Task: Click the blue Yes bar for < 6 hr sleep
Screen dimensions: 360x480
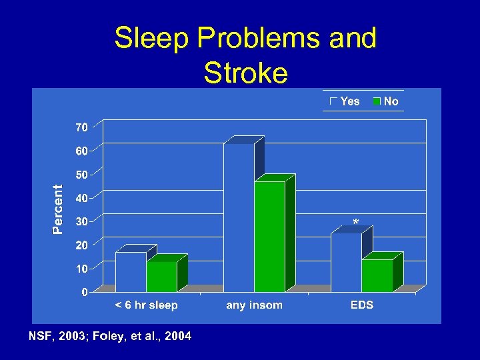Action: [x=131, y=271]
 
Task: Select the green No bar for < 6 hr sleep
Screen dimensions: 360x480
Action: [x=162, y=277]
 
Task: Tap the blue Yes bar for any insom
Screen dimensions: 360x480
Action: [x=239, y=217]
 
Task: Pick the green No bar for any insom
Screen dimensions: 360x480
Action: [x=269, y=237]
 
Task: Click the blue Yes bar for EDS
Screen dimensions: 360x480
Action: [x=346, y=262]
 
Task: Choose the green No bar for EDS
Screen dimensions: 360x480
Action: [x=377, y=275]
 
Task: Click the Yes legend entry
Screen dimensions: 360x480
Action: [x=345, y=101]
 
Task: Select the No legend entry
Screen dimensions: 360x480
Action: [x=386, y=101]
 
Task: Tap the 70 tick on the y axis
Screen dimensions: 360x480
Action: [x=81, y=127]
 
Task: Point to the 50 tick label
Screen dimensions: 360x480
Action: [x=81, y=175]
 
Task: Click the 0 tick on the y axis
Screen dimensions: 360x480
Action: [x=85, y=292]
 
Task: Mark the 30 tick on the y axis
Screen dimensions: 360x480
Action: [x=81, y=221]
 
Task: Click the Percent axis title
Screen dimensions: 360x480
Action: [x=58, y=209]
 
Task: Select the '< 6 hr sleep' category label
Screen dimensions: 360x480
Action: [x=147, y=305]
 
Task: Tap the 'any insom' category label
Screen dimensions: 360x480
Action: [x=254, y=305]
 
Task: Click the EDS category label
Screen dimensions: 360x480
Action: [x=362, y=305]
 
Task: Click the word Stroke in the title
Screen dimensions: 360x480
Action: [x=245, y=73]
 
